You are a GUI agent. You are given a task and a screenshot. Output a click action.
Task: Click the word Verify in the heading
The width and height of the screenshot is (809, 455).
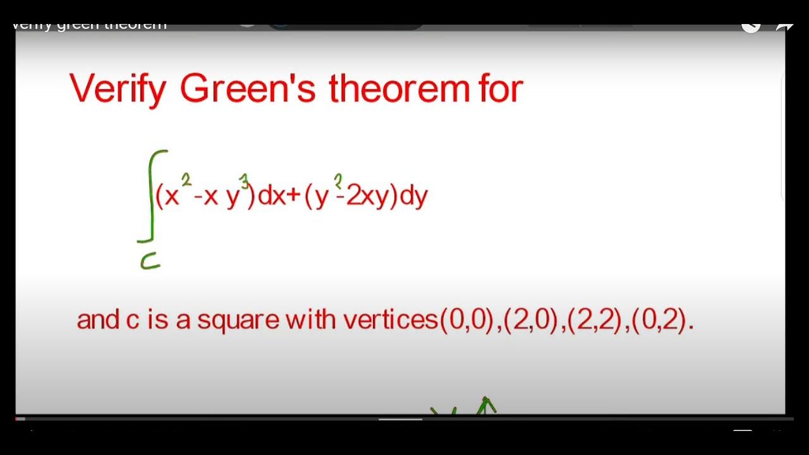point(118,89)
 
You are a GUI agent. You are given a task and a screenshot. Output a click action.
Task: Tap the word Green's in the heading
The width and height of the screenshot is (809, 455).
point(247,88)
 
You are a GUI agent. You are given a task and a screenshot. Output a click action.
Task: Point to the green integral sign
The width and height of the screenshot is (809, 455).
point(152,196)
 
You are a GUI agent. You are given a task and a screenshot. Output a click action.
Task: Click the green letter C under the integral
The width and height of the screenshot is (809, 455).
point(150,261)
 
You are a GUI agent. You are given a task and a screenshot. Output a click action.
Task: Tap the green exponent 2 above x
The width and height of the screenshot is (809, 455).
point(186,179)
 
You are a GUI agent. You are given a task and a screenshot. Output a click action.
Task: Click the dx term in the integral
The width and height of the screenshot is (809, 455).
point(273,197)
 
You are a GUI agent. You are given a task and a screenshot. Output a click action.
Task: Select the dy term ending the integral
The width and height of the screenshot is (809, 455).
point(415,197)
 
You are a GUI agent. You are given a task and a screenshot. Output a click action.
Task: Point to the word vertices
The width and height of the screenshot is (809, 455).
point(391,320)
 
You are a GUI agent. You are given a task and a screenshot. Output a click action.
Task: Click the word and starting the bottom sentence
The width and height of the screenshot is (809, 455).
point(98,320)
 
